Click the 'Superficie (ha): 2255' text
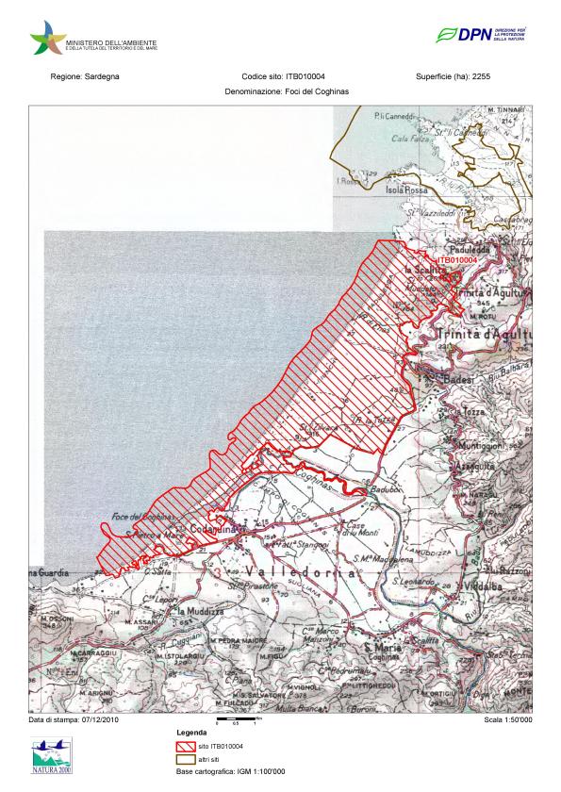click(453, 75)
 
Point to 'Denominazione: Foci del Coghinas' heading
click(280, 94)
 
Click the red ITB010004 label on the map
click(456, 259)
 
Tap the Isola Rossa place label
click(406, 190)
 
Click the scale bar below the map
click(236, 721)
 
